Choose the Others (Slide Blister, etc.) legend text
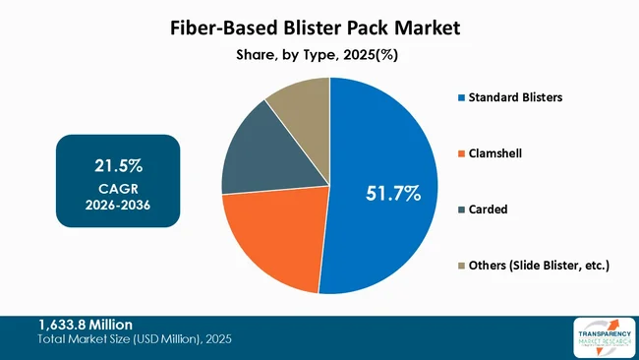pos(539,266)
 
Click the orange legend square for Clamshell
pos(460,153)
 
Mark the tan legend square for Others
pos(460,266)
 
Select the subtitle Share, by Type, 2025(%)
pos(319,56)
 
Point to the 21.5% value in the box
pos(117,164)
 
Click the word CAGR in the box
pos(117,187)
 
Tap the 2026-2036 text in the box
pos(117,204)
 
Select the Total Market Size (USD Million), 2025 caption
pos(135,339)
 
